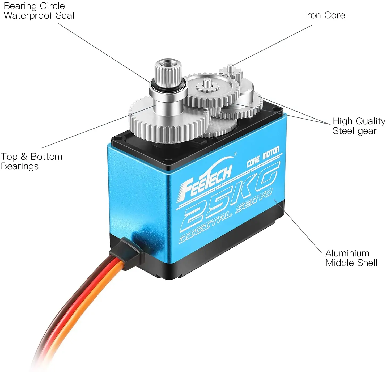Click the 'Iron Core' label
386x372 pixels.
[x=325, y=15]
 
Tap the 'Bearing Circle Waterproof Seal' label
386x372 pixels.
[x=39, y=11]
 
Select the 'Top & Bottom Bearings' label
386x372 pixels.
[x=31, y=161]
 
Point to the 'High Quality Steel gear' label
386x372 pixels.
[x=359, y=126]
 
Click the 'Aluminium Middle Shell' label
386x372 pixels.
[x=351, y=258]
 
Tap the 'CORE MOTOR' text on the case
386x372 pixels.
[x=263, y=157]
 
